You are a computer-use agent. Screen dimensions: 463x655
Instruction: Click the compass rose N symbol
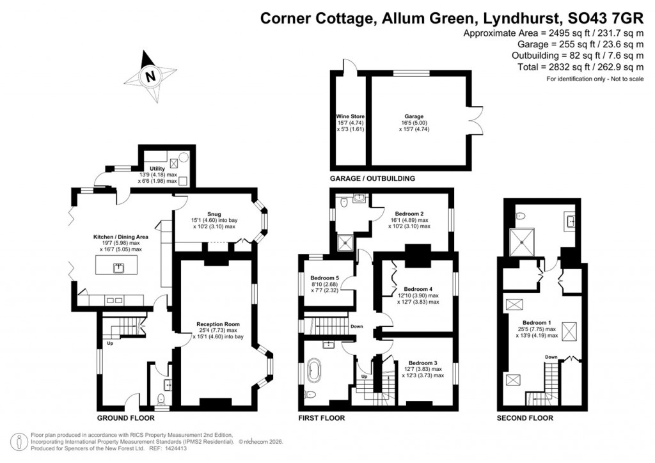click(151, 76)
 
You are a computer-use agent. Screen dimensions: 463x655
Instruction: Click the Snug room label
click(214, 215)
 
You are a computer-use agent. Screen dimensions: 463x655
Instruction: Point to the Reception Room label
click(217, 324)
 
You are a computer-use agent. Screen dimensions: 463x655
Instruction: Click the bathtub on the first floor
click(315, 372)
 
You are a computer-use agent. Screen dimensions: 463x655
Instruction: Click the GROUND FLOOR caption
click(125, 418)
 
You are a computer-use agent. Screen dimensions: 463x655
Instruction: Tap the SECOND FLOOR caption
click(525, 418)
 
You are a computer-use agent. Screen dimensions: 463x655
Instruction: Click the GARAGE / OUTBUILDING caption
click(372, 178)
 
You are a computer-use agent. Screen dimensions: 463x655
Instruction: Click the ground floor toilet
click(161, 399)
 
